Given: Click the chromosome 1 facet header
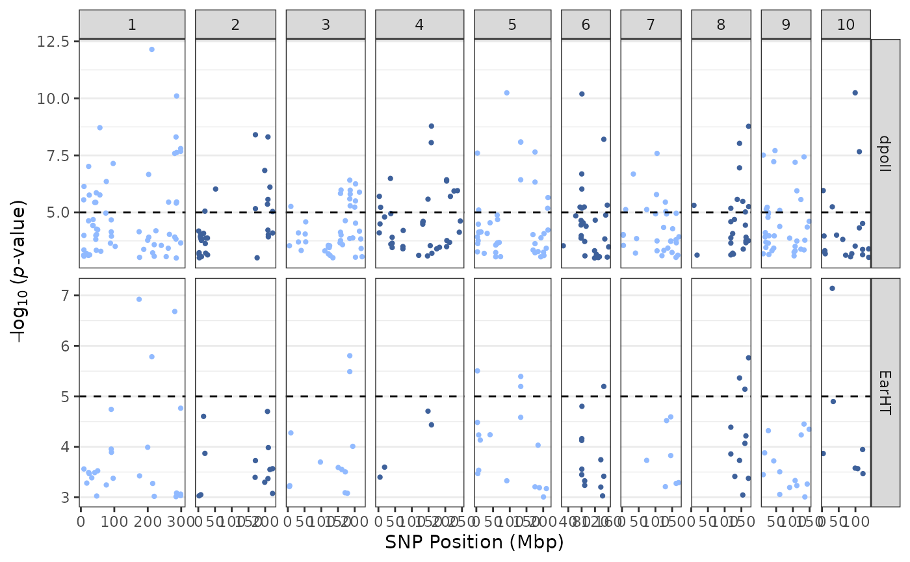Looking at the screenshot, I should [132, 25].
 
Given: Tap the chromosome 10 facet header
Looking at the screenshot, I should [846, 25].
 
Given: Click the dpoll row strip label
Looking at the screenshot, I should [885, 153].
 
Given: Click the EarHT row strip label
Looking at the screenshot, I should [885, 392].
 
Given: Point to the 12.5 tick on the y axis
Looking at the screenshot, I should [56, 42].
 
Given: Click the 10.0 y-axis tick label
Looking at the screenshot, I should [56, 99].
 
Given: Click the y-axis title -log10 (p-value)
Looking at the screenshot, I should [19, 273].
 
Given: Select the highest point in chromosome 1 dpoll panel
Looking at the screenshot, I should [151, 49].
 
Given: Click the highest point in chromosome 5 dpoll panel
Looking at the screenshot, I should [507, 93].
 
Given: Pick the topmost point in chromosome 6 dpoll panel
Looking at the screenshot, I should [582, 94].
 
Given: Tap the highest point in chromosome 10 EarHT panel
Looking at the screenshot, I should [832, 288].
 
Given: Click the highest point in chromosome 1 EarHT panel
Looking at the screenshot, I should [139, 300].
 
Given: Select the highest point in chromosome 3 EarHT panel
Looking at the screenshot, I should [350, 356].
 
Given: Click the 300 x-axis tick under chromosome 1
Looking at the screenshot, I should [181, 522].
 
